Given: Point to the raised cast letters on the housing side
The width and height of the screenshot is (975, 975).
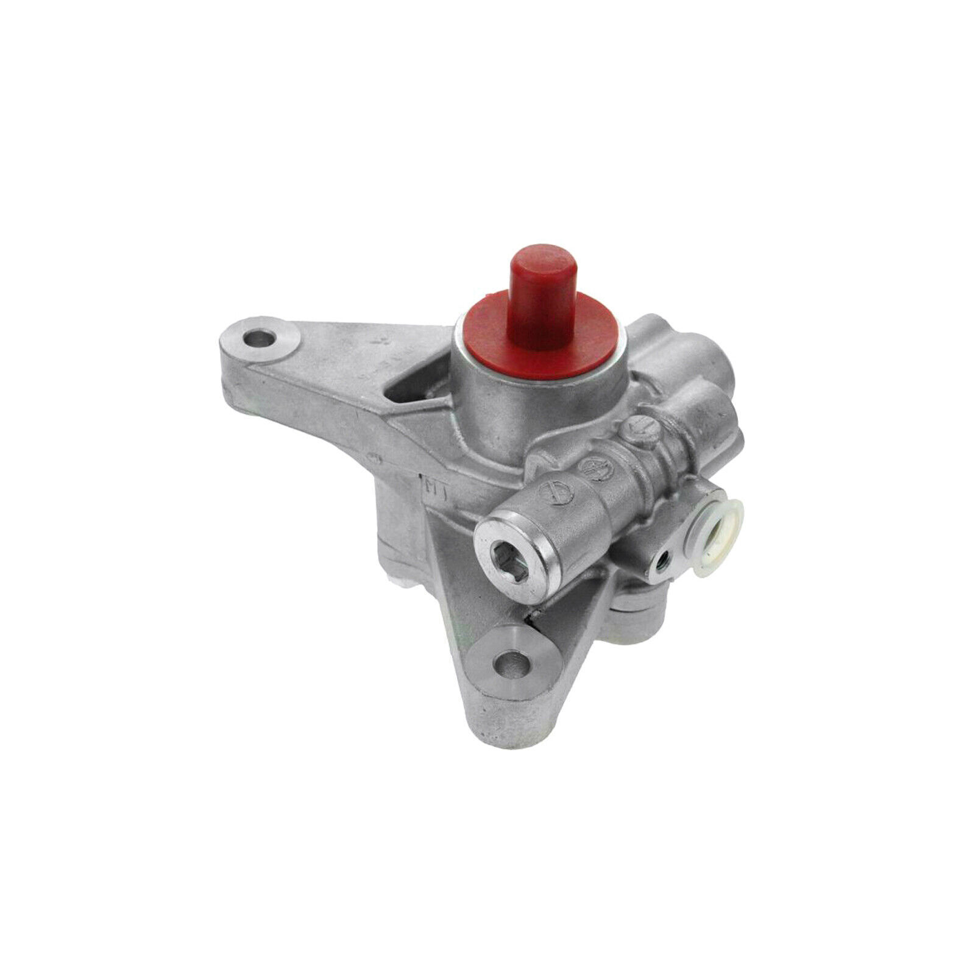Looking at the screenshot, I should pyautogui.click(x=434, y=489).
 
